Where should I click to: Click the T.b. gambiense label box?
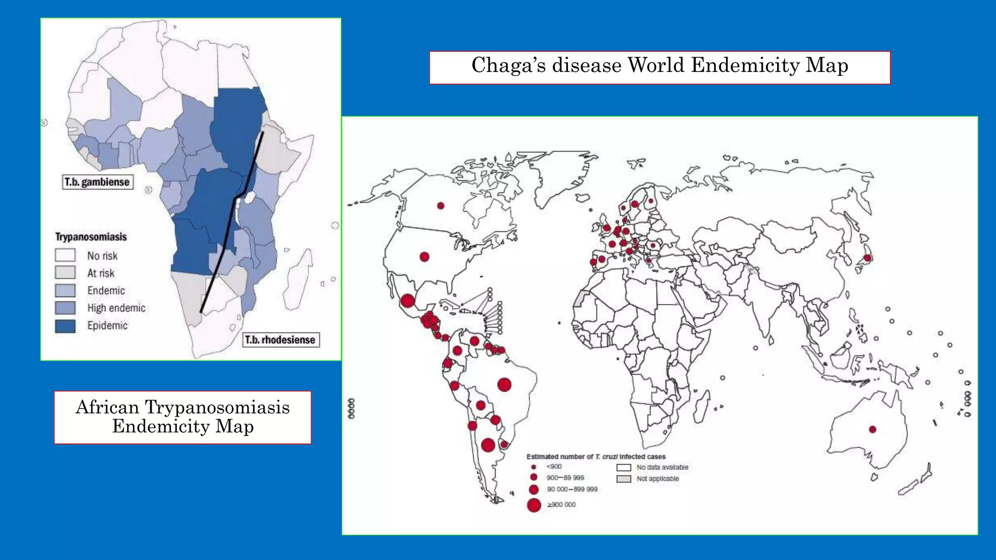coord(97,182)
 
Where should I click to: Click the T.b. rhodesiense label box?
coord(280,340)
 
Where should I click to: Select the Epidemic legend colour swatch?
coord(65,326)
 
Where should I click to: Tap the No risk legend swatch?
coord(65,255)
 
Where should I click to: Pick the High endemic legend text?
coord(116,308)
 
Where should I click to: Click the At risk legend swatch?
coord(65,272)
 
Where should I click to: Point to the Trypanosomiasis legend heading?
coord(91,237)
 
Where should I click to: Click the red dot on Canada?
coord(441,206)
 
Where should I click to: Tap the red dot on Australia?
coord(872,429)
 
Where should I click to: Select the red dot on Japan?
coord(867,258)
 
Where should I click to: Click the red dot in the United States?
coord(424,256)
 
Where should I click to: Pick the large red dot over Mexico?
coord(408,300)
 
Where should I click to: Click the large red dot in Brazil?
coord(504,385)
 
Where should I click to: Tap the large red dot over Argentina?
coord(488,445)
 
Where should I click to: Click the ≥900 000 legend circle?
coord(534,505)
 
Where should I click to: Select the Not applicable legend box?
coord(624,479)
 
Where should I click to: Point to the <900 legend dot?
coord(534,467)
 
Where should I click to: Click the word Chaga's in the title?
coord(509,66)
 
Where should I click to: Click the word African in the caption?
coord(107,407)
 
